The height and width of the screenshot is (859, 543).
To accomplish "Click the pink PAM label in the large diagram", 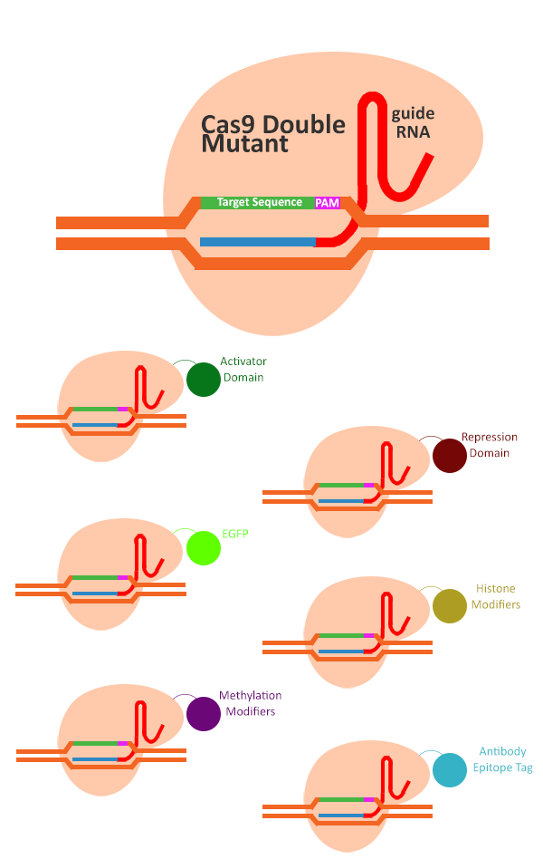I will tap(327, 203).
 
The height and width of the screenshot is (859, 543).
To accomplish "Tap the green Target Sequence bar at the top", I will tap(257, 202).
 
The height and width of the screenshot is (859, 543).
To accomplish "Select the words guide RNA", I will tap(412, 122).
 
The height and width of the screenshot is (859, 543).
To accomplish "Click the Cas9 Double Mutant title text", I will tap(272, 133).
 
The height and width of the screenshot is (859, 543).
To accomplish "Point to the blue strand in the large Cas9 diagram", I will tap(257, 242).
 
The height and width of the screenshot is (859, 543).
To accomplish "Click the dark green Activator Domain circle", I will tap(204, 379).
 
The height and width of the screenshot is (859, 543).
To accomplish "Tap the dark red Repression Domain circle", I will tap(449, 455).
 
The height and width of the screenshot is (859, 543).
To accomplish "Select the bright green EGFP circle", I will tap(204, 548).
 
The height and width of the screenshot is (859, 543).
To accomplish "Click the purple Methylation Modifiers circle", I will tap(204, 714).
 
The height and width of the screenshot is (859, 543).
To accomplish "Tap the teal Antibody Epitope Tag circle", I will tap(449, 769).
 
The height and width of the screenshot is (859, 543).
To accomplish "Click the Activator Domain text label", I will tap(243, 369).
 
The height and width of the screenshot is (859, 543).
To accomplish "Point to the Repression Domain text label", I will tap(489, 445).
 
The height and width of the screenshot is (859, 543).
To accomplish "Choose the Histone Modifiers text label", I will tap(496, 596).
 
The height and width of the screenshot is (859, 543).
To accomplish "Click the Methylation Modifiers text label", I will tap(250, 703).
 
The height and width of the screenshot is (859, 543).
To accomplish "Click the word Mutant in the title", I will tap(245, 143).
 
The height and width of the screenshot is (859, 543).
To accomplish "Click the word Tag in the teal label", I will tap(522, 767).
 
